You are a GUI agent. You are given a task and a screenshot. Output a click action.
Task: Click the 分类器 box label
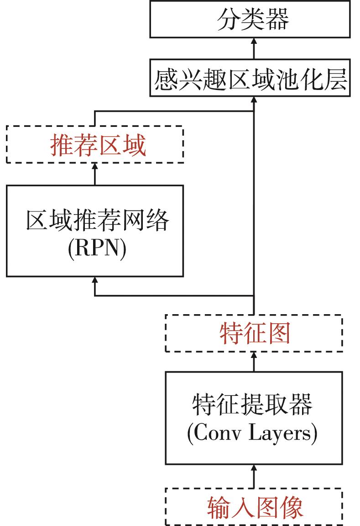tap(252, 20)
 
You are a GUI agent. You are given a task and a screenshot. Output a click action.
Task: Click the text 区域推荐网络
tap(97, 221)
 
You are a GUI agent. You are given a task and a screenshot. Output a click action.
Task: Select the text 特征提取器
tap(252, 404)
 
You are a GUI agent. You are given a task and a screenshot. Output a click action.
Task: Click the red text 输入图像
tap(255, 507)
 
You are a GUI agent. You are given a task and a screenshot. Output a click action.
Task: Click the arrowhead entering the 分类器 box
tap(254, 42)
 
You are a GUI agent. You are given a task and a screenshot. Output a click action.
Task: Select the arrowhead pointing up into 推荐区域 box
tap(95, 167)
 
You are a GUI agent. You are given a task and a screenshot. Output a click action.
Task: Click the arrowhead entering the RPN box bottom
tap(95, 280)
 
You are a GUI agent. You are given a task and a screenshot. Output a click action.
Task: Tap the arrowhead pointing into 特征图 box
tap(254, 356)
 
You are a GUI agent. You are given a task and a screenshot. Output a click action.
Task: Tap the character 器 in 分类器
tap(277, 20)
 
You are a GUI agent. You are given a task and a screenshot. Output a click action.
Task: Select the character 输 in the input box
tap(219, 507)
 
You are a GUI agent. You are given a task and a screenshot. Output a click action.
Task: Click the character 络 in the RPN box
tap(157, 221)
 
